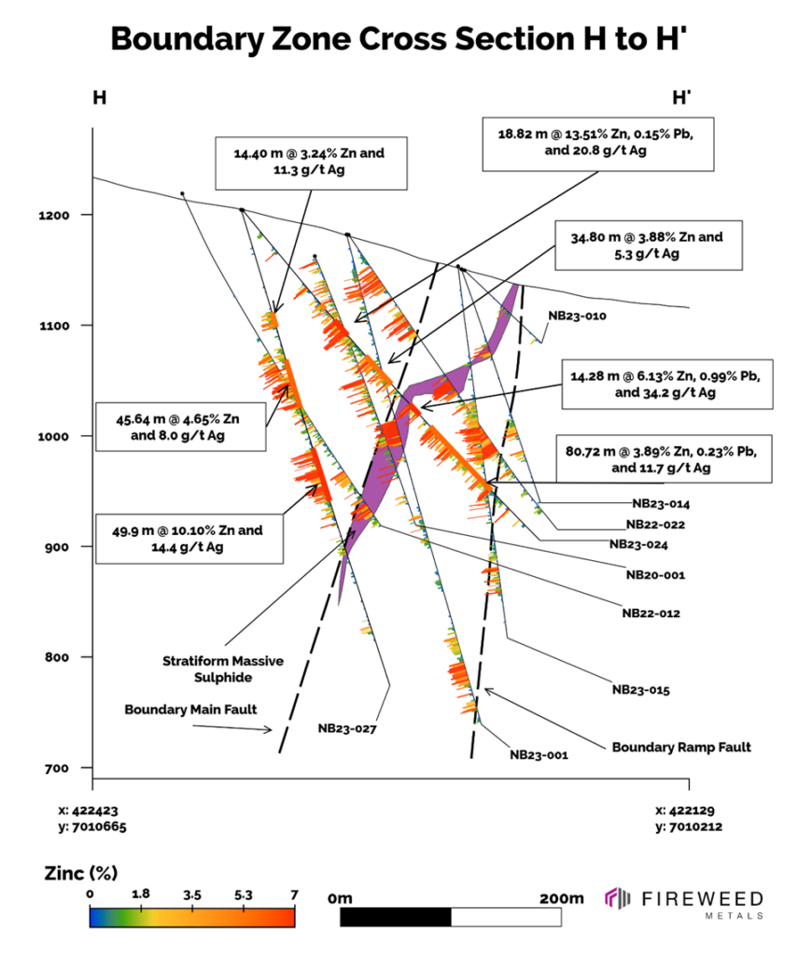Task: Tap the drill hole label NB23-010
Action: coord(578,316)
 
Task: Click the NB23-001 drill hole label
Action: coord(539,754)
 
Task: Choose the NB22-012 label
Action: coord(651,613)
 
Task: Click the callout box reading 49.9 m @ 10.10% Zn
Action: coord(189,538)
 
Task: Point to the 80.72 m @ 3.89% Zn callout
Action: coord(664,458)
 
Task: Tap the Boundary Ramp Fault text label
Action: coord(681,747)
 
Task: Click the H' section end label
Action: coord(681,97)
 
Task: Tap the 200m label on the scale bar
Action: coord(561,898)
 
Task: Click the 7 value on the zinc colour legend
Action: coord(294,894)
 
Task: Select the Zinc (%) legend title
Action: coord(80,874)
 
